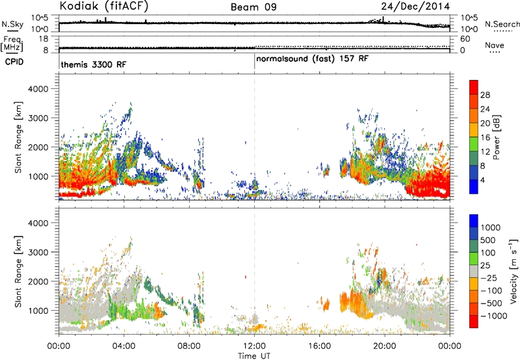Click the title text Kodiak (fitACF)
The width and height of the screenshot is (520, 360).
[x=104, y=6]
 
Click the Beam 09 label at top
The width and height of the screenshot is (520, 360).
[x=253, y=7]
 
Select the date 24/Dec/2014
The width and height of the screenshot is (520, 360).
[x=415, y=6]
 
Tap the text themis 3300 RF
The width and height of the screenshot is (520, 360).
[x=94, y=64]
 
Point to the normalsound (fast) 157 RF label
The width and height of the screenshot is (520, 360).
[x=312, y=58]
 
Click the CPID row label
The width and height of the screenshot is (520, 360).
[x=14, y=62]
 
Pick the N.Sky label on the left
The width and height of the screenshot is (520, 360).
[x=12, y=24]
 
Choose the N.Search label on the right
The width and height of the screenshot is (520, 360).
[x=502, y=24]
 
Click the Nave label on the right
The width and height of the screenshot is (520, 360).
[x=495, y=45]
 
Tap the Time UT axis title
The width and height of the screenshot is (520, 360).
[x=254, y=355]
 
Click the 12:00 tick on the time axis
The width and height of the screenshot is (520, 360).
[x=254, y=346]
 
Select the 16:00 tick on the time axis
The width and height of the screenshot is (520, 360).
[x=319, y=346]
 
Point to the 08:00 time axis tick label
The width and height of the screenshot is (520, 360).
[x=189, y=346]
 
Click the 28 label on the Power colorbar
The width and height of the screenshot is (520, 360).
[x=485, y=95]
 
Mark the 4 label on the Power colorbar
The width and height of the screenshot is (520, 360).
[x=483, y=181]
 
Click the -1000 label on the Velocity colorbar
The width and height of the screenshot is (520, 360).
[x=494, y=316]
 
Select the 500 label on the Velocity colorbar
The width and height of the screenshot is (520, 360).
[x=488, y=240]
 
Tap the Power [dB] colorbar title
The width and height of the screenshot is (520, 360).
[x=497, y=137]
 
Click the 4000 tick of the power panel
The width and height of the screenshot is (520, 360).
[x=38, y=89]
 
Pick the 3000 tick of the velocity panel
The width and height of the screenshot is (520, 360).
[x=38, y=252]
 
